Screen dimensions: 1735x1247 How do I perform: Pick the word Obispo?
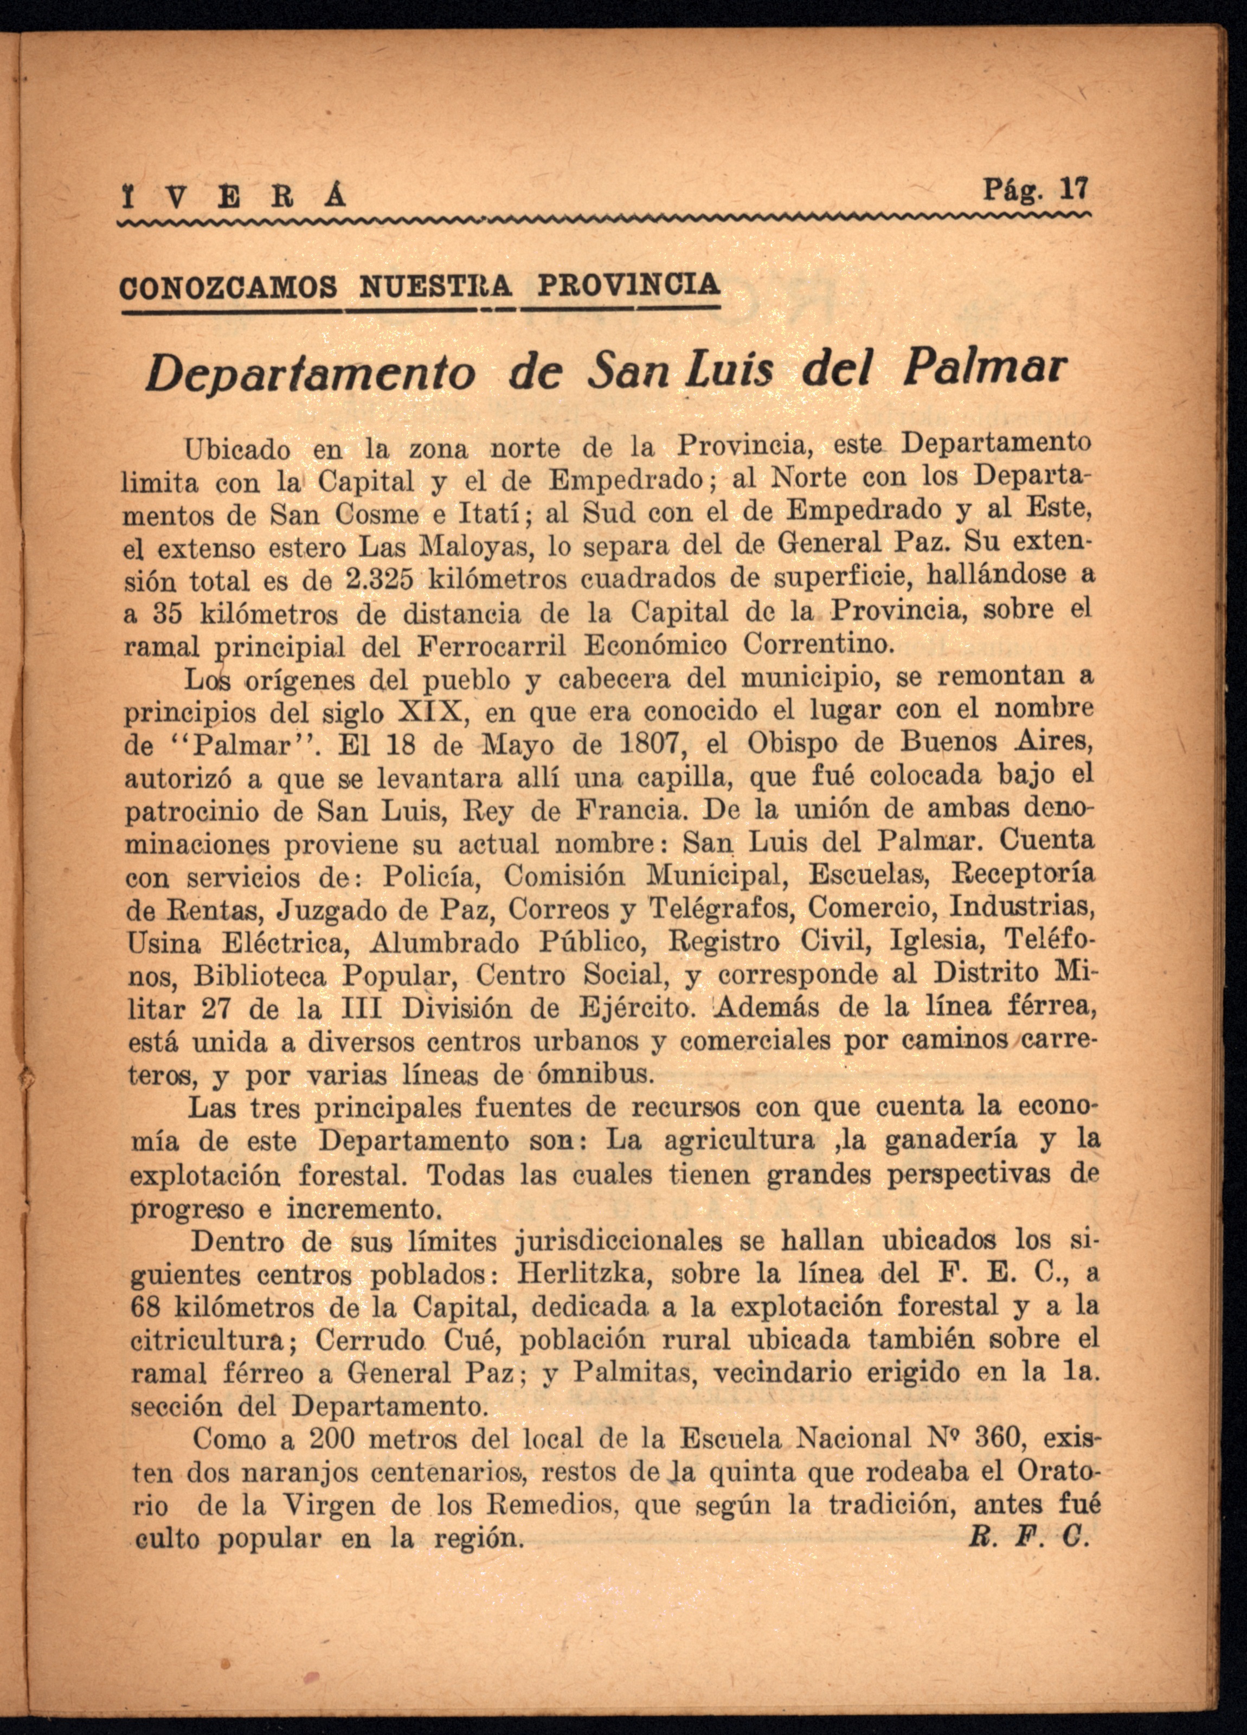[x=810, y=743]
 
